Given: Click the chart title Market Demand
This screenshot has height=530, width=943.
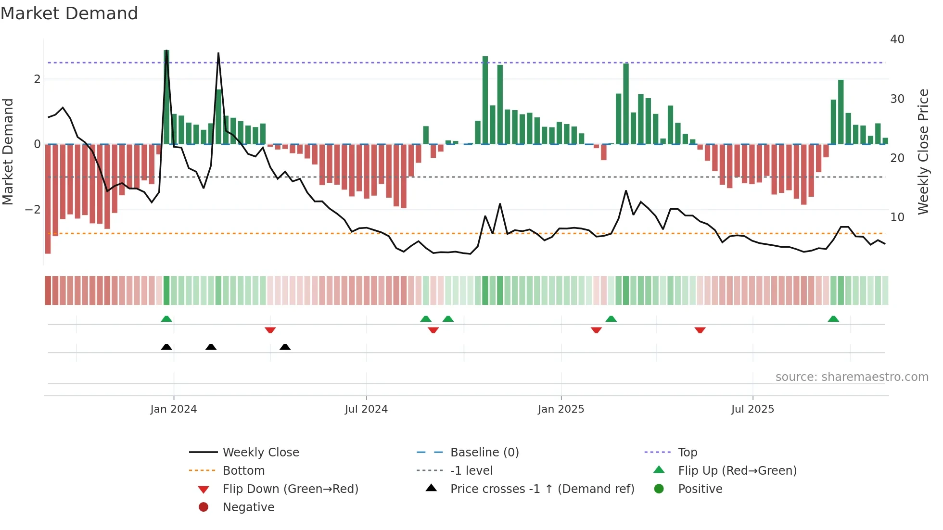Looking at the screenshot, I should (69, 13).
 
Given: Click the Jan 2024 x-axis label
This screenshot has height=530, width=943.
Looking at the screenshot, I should (174, 409).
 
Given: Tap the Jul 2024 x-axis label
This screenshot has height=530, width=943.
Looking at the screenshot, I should (366, 409).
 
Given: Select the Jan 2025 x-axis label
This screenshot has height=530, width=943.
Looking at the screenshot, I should (561, 409).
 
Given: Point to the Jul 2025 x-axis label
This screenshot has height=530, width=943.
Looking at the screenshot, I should (752, 409).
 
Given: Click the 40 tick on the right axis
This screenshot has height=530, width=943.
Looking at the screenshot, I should (897, 39).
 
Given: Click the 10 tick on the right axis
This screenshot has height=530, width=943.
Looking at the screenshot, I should (897, 217).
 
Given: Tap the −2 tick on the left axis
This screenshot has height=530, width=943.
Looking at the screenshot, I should (33, 210).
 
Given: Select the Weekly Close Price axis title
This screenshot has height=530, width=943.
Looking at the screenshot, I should (923, 151).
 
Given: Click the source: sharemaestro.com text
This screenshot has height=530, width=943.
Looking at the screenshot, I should (852, 377).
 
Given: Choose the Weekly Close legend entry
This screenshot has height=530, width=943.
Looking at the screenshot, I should (261, 453).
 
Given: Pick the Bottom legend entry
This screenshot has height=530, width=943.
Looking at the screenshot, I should (243, 471).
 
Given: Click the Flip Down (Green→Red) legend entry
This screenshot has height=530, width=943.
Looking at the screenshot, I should (290, 489).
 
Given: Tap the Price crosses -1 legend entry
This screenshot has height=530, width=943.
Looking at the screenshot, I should (542, 489).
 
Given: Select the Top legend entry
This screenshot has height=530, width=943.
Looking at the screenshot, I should (688, 453).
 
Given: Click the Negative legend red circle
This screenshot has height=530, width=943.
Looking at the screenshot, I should (204, 507).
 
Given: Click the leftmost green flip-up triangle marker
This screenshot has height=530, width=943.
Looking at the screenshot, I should (166, 319).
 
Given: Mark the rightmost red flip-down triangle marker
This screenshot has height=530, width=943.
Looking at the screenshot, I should (700, 330).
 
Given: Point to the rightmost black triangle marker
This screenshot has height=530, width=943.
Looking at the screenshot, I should (285, 347).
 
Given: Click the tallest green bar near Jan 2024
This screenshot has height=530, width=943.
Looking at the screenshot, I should (166, 96).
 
